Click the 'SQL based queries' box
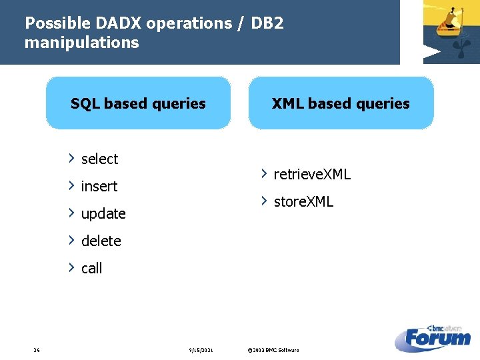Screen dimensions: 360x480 138,103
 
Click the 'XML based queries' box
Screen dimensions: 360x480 341,103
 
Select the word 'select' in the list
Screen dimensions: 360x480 99,159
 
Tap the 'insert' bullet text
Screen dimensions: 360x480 99,187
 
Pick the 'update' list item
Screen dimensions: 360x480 103,214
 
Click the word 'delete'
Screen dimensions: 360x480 101,241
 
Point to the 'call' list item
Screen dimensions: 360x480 91,269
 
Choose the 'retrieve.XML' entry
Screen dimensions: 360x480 312,175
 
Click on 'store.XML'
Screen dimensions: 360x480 303,202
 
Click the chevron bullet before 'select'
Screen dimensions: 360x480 71,158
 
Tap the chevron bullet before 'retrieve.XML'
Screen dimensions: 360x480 264,174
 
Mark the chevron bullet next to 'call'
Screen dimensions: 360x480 71,267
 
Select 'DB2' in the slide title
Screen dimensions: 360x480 267,23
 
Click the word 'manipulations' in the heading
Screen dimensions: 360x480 81,43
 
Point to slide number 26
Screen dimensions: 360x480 36,350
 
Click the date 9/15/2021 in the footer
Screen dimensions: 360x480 201,350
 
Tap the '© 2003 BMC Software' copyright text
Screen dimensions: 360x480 273,350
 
